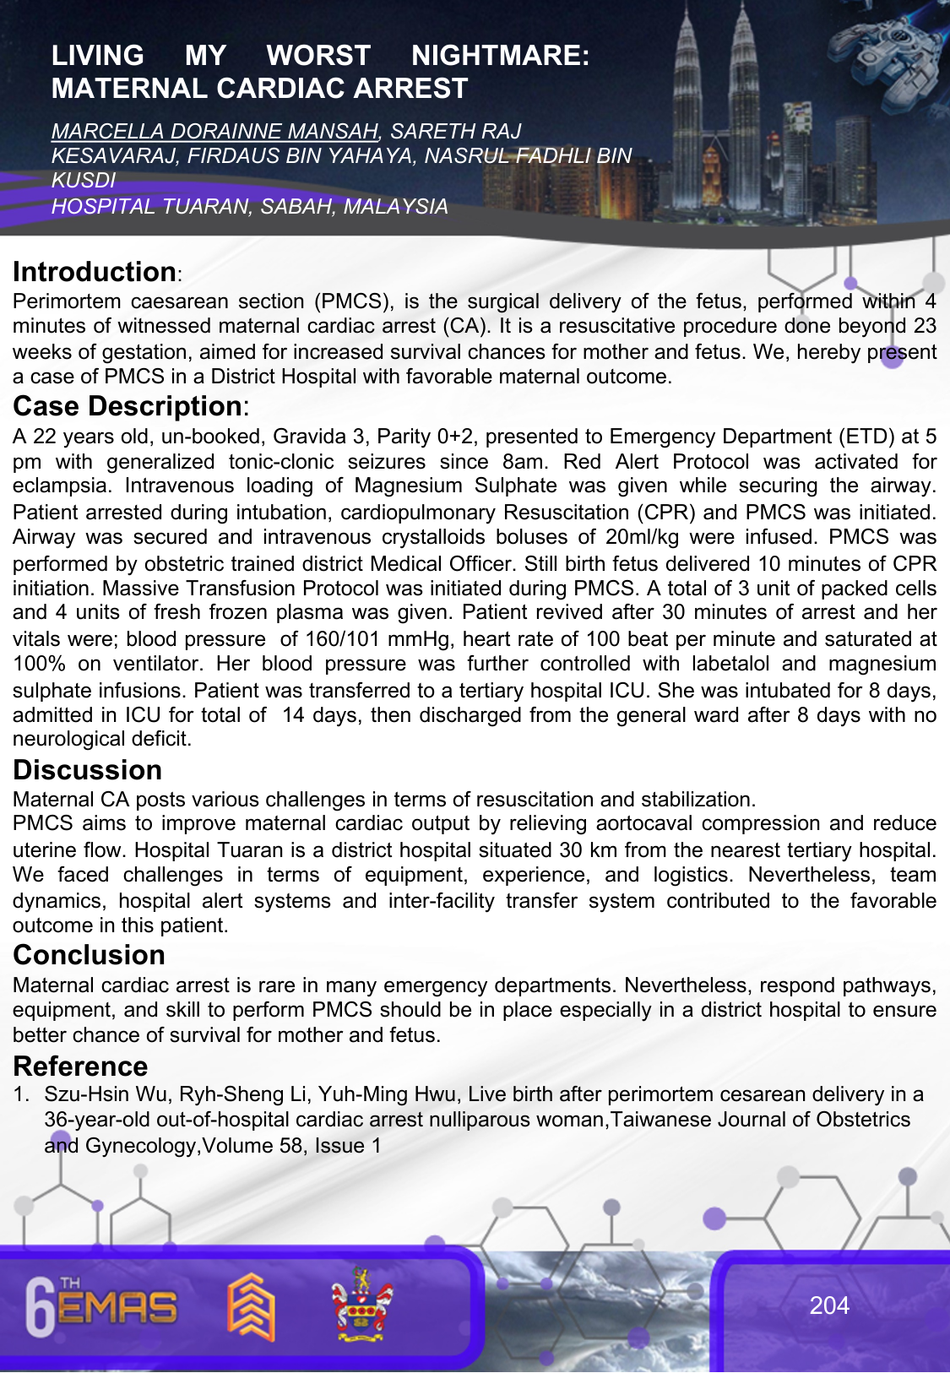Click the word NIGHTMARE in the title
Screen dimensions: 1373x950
pos(500,56)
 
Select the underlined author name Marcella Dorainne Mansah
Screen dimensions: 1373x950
pos(214,131)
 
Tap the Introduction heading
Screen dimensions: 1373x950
pos(95,272)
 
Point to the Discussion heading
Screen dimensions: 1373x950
pos(88,770)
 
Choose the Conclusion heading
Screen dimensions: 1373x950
pos(90,955)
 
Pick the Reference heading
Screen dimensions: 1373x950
pos(81,1066)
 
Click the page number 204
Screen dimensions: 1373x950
pos(829,1305)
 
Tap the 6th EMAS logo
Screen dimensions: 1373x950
pos(101,1306)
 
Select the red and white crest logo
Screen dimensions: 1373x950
pos(361,1305)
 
